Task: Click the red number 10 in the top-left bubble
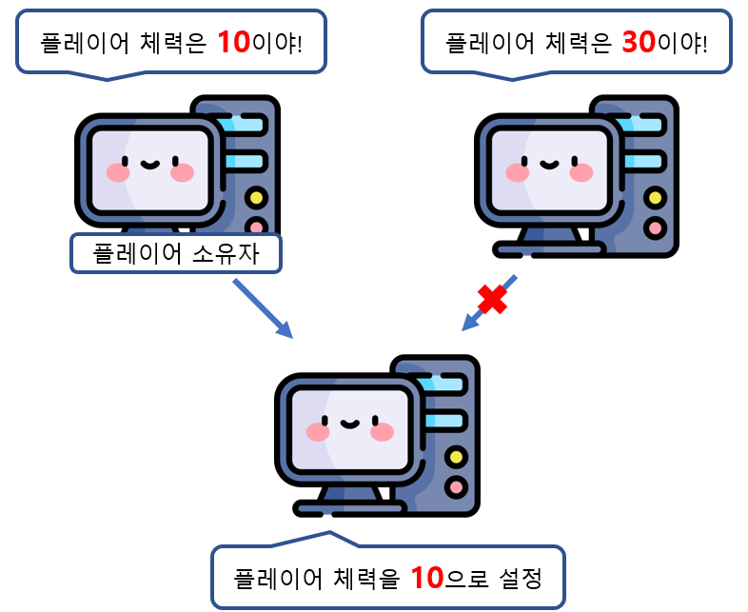[x=233, y=42]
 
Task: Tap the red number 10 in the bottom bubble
[x=428, y=577]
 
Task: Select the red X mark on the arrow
[x=492, y=299]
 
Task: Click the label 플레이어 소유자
[x=176, y=253]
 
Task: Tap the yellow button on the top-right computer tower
[x=655, y=199]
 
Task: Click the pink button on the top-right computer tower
[x=655, y=228]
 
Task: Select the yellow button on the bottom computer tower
[x=456, y=458]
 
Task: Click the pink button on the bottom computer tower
[x=456, y=487]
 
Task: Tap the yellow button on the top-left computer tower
[x=255, y=199]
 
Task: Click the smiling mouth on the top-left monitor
[x=148, y=164]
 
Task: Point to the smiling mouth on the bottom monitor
[x=348, y=424]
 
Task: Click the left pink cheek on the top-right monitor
[x=518, y=172]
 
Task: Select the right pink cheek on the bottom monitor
[x=382, y=432]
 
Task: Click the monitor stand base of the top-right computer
[x=549, y=249]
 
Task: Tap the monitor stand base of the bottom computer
[x=349, y=509]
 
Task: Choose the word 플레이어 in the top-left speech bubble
[x=81, y=44]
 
